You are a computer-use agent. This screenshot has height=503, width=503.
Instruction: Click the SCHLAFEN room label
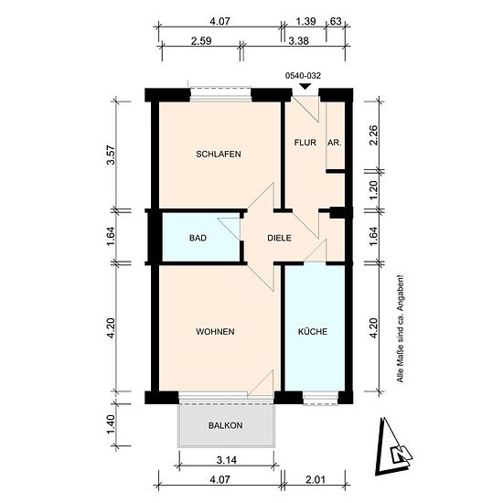click(219, 154)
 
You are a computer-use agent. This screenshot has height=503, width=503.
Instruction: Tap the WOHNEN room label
click(215, 331)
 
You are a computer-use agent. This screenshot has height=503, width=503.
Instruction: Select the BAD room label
click(198, 238)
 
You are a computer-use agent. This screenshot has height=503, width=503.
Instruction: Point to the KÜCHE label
click(313, 331)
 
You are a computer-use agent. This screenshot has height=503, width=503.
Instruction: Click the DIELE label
click(280, 238)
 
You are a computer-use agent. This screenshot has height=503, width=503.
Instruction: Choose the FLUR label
click(305, 143)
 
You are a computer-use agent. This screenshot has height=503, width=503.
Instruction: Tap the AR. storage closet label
click(334, 143)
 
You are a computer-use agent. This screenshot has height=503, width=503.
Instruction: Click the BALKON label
click(226, 425)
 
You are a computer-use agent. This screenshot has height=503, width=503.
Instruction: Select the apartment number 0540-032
click(303, 76)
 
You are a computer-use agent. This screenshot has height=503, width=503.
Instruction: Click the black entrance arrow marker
click(305, 86)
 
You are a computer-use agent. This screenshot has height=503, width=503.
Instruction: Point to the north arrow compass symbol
click(393, 446)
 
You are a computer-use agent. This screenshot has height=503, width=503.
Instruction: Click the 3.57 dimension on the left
click(111, 155)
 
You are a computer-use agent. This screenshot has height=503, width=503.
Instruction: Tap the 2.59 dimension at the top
click(201, 41)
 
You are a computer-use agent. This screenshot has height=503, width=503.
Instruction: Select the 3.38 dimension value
click(299, 41)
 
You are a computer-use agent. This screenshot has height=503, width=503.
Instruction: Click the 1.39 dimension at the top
click(305, 22)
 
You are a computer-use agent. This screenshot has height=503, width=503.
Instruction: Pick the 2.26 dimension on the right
click(374, 135)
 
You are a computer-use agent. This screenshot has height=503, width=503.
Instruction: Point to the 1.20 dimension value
click(374, 189)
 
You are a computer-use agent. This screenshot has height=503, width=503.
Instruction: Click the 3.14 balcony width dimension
click(227, 460)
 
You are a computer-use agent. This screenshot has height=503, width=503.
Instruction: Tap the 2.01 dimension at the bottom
click(316, 480)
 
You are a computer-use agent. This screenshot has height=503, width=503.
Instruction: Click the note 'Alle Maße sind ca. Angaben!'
click(401, 328)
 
